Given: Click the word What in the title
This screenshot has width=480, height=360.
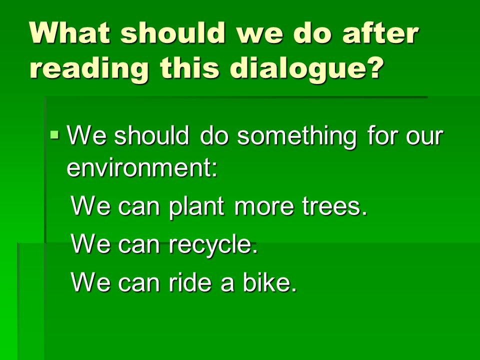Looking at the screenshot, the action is pos(70,32).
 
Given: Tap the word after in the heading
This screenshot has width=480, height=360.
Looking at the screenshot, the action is pos(380,32).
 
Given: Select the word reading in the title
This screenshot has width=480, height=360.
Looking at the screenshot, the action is pos(89,68).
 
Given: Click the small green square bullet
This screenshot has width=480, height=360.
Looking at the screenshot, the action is pos(55,134).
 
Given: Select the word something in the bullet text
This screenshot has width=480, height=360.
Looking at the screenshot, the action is pos(296,136).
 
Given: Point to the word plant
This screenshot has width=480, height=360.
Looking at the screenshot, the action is pos(196,206).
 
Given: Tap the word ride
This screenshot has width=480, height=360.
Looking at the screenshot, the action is pos(190,281).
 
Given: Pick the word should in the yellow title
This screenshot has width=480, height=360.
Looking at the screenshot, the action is pos(173,32).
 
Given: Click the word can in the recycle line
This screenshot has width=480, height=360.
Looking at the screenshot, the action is pos(139,247).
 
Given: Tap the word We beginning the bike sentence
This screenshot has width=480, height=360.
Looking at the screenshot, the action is pos(90,282).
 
